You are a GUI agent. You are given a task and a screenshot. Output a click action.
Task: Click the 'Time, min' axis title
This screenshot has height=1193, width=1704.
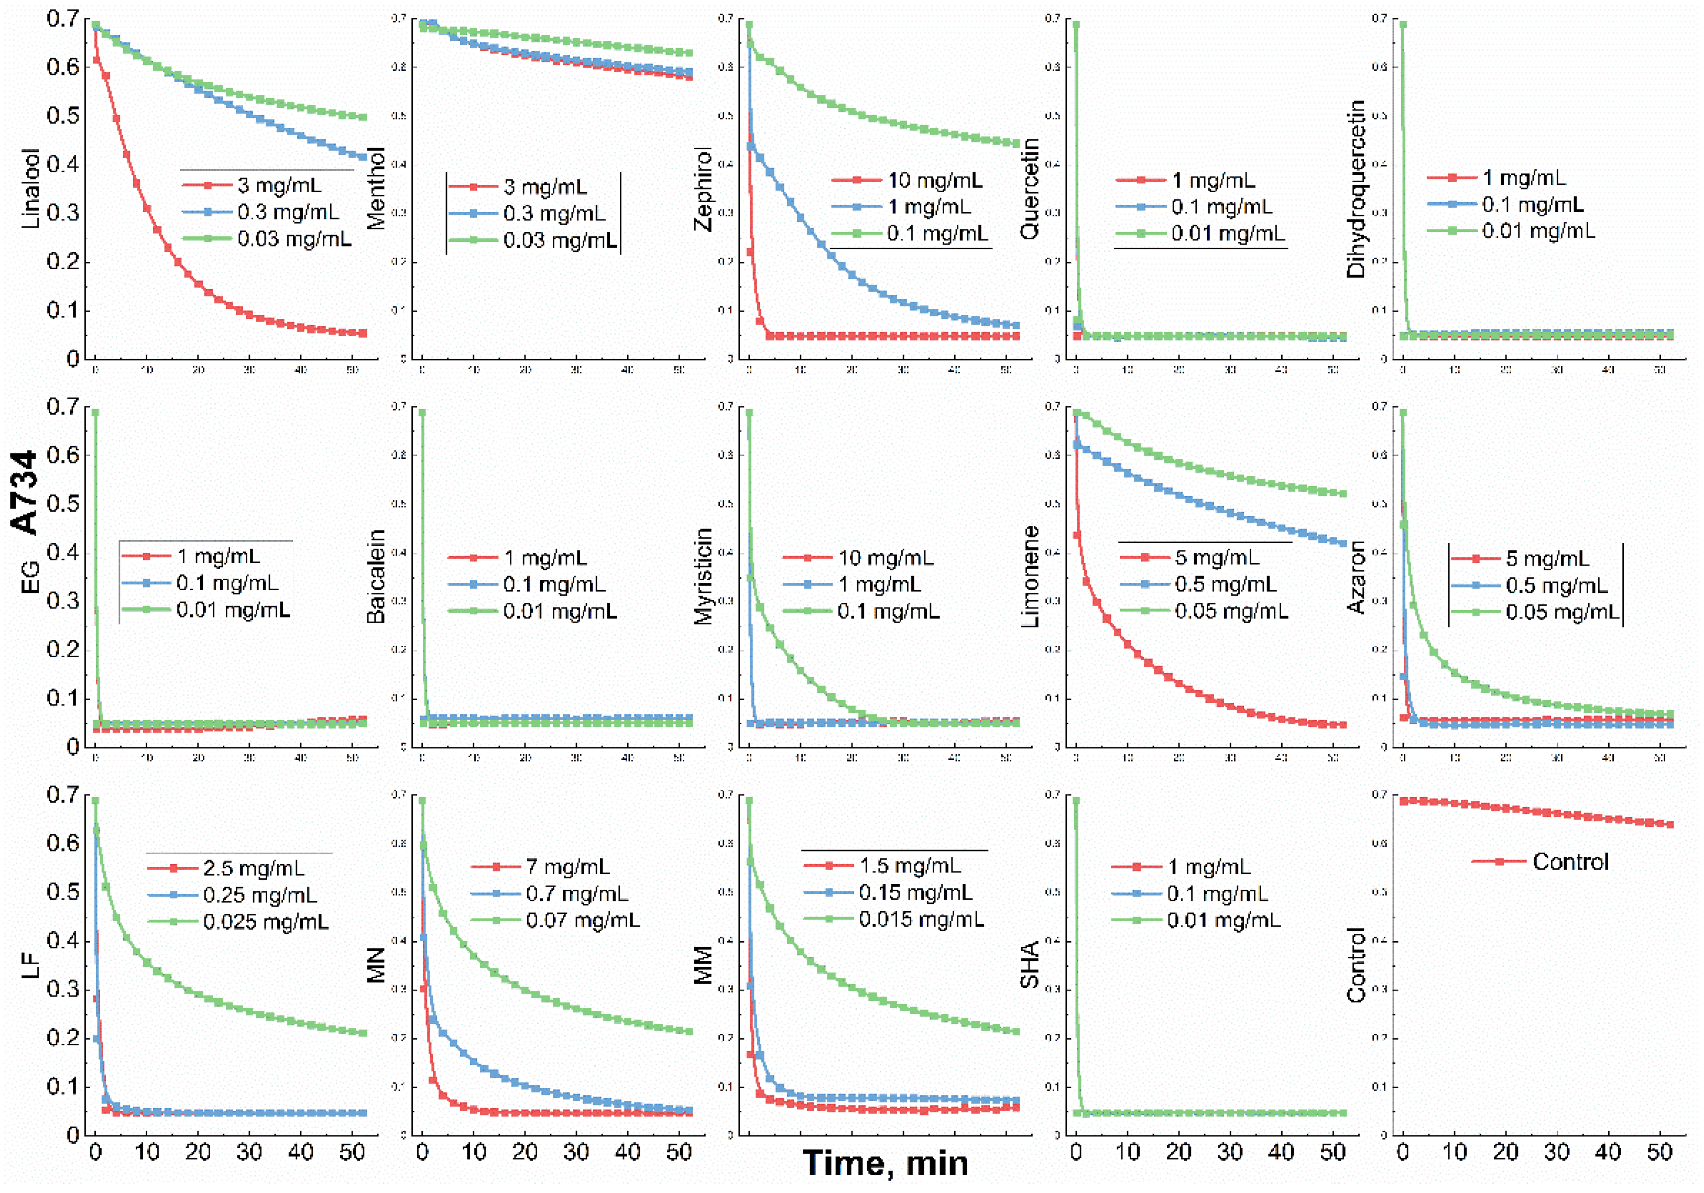click(x=886, y=1163)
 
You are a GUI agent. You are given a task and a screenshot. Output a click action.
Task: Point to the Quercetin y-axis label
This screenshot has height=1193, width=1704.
click(x=1030, y=189)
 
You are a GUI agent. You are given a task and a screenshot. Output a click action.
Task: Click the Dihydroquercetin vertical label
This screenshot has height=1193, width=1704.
click(x=1356, y=189)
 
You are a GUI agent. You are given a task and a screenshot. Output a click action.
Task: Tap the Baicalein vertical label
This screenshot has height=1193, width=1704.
click(x=376, y=577)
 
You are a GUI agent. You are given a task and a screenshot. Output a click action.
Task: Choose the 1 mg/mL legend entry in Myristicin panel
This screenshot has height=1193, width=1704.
click(x=879, y=584)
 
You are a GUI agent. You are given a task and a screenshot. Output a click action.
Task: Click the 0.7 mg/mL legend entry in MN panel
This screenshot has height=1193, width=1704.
click(x=577, y=894)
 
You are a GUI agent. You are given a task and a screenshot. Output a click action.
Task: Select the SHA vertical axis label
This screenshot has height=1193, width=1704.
click(x=1030, y=965)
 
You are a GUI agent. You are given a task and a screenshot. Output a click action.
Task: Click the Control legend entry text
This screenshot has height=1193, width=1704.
click(x=1570, y=862)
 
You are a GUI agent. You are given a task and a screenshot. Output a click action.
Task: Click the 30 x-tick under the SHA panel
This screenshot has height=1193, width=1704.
click(x=1230, y=1152)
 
